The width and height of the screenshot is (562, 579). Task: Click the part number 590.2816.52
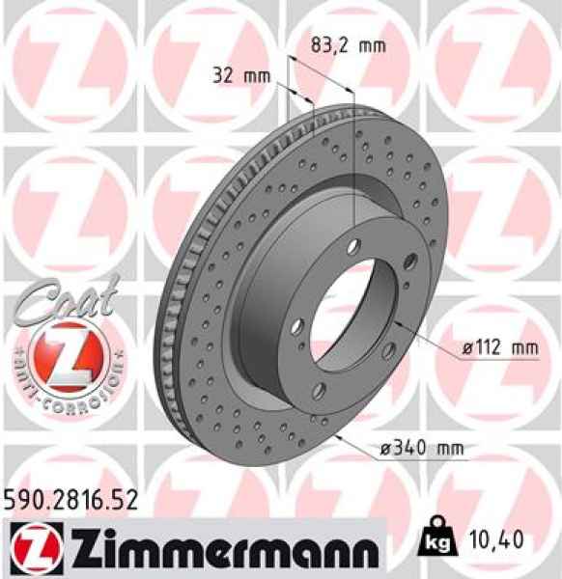click(x=70, y=499)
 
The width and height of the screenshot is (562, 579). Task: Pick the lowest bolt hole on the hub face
click(x=318, y=390)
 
